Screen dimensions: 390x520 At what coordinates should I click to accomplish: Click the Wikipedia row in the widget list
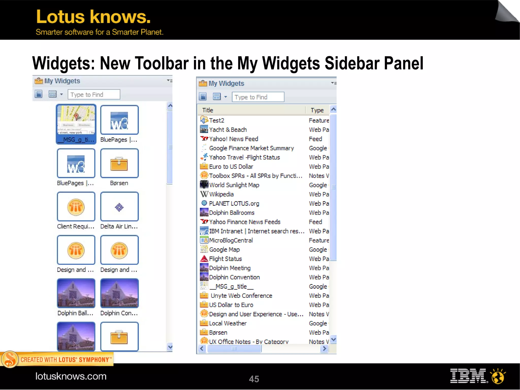coord(221,194)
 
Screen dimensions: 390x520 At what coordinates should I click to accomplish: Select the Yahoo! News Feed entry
coord(233,139)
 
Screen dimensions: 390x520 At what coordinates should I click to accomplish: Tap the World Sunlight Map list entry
coord(234,185)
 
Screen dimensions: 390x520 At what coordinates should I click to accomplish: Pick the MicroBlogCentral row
coord(231,240)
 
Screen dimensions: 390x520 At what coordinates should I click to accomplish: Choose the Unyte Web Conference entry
coord(241,296)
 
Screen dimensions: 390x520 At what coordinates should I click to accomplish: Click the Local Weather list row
coord(228,323)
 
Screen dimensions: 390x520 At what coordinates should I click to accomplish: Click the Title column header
coord(208,110)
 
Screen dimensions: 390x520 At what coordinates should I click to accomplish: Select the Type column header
coord(317,110)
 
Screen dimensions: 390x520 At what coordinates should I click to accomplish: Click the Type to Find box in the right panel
coord(258,97)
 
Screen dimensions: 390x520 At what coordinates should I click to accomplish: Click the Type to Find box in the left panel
coord(94,95)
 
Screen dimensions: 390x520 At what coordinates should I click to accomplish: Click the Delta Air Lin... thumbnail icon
coord(119,207)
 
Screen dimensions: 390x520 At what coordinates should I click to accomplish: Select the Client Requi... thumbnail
coord(76,207)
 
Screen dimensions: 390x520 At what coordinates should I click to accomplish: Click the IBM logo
coord(469,376)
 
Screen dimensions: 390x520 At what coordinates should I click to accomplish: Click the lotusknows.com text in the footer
coord(71,376)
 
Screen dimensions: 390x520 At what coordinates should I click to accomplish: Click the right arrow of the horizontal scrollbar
coord(324,349)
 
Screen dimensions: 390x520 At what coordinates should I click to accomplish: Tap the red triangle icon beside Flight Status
coord(204,259)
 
